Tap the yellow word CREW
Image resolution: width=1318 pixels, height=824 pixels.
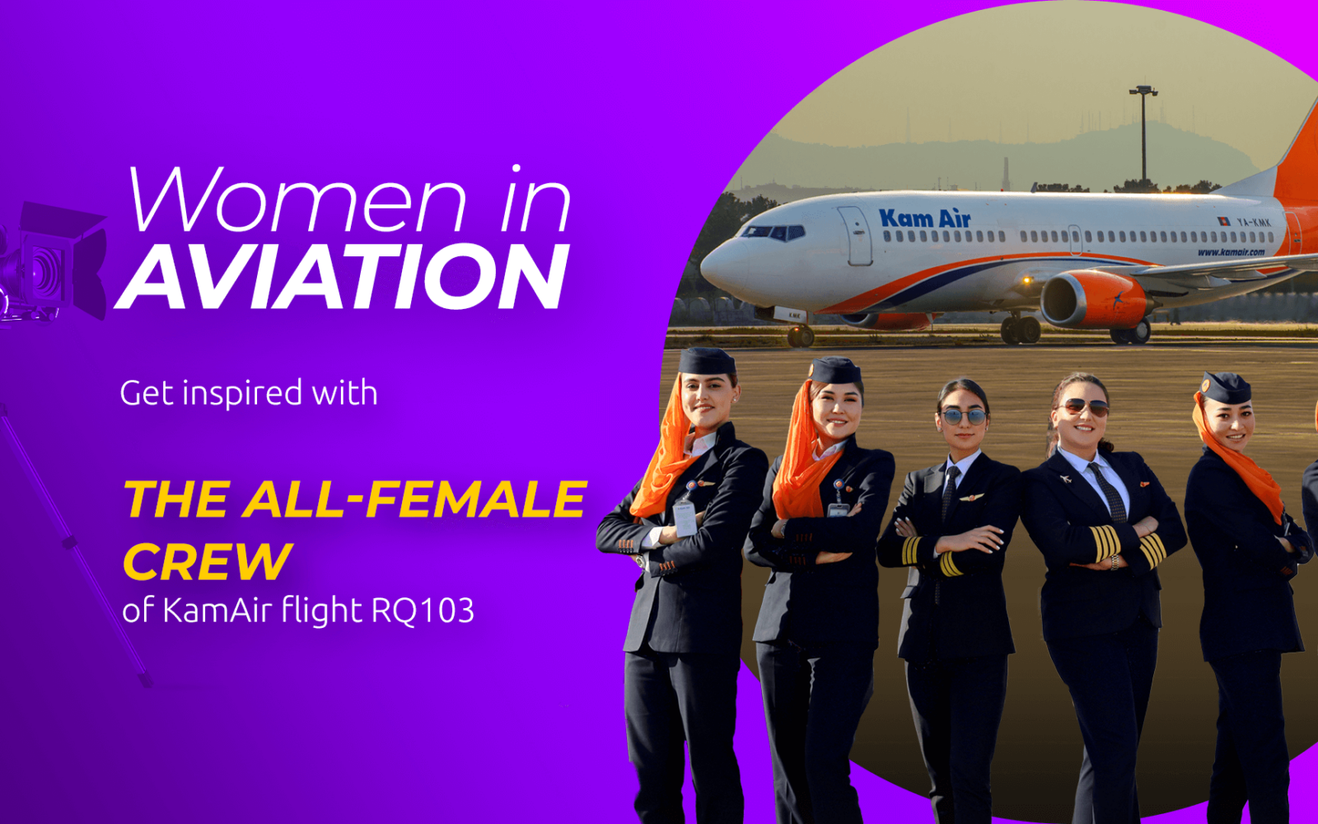pos(207,561)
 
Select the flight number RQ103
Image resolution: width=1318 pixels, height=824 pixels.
pos(423,611)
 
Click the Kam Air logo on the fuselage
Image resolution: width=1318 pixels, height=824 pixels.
pos(924,218)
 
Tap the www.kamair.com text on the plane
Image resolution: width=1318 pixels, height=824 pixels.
pos(1231,252)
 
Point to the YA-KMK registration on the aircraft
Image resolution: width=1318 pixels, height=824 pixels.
pos(1253,222)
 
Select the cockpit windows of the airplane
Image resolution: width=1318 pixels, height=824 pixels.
pos(773,232)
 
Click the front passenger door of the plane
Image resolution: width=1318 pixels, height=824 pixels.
pos(855,236)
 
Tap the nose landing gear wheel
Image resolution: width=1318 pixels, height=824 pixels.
pos(800,337)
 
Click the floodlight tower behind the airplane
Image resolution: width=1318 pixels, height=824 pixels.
pos(1143,135)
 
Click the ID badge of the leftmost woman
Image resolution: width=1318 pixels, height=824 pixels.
pos(685,518)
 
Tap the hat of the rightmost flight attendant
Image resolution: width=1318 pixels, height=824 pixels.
pos(1226,388)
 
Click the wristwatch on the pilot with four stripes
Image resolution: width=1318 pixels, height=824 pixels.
pos(1114,562)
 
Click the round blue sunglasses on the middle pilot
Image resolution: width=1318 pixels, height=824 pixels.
pos(963,417)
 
